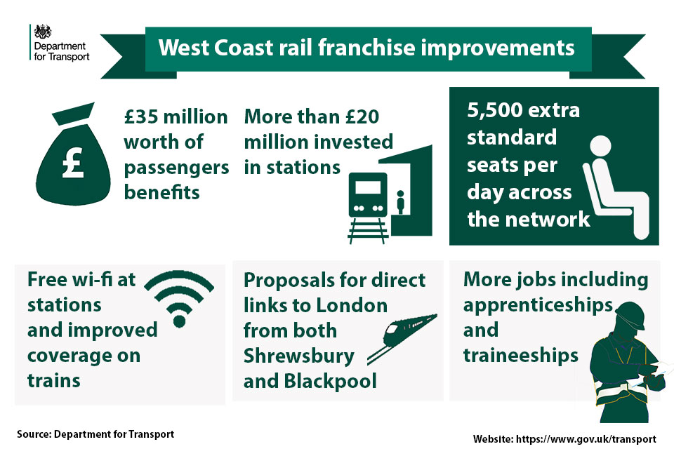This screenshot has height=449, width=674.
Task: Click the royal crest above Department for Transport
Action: (43, 32)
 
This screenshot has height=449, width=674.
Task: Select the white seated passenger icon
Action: (616, 187)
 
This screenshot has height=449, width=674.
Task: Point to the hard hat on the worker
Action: (630, 314)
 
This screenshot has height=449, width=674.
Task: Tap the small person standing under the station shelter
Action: (401, 202)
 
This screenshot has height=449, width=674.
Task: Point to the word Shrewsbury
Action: (299, 356)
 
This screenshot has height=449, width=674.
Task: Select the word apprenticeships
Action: (538, 306)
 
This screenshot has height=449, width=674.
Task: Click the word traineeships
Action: (520, 356)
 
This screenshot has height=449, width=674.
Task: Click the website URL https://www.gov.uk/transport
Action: (586, 439)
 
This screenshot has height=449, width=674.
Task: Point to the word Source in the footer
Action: (34, 434)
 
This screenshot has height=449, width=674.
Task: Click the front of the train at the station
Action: (368, 194)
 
